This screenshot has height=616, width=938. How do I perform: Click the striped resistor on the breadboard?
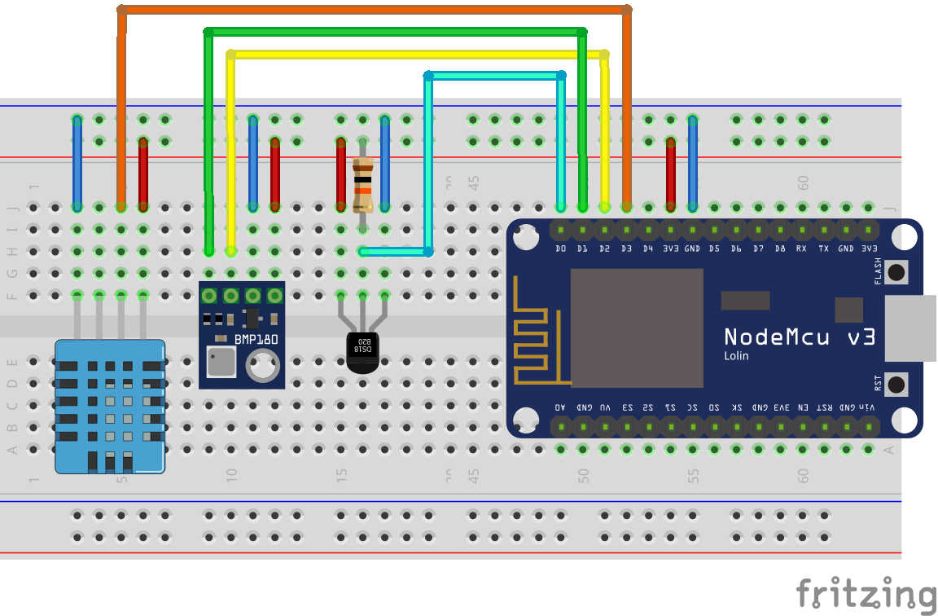pyautogui.click(x=363, y=187)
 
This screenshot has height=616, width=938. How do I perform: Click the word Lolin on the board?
pyautogui.click(x=736, y=356)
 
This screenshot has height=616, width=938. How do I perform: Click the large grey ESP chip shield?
pyautogui.click(x=636, y=328)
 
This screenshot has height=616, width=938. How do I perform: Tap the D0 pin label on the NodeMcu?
pyautogui.click(x=560, y=248)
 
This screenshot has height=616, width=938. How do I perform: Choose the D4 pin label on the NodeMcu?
pyautogui.click(x=648, y=248)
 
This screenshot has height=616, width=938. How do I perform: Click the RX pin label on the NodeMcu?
pyautogui.click(x=802, y=248)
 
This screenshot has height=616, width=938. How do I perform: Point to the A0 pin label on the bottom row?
pyautogui.click(x=560, y=406)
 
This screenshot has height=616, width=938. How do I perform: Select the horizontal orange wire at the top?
pyautogui.click(x=375, y=10)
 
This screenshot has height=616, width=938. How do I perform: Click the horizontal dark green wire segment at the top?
pyautogui.click(x=395, y=32)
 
